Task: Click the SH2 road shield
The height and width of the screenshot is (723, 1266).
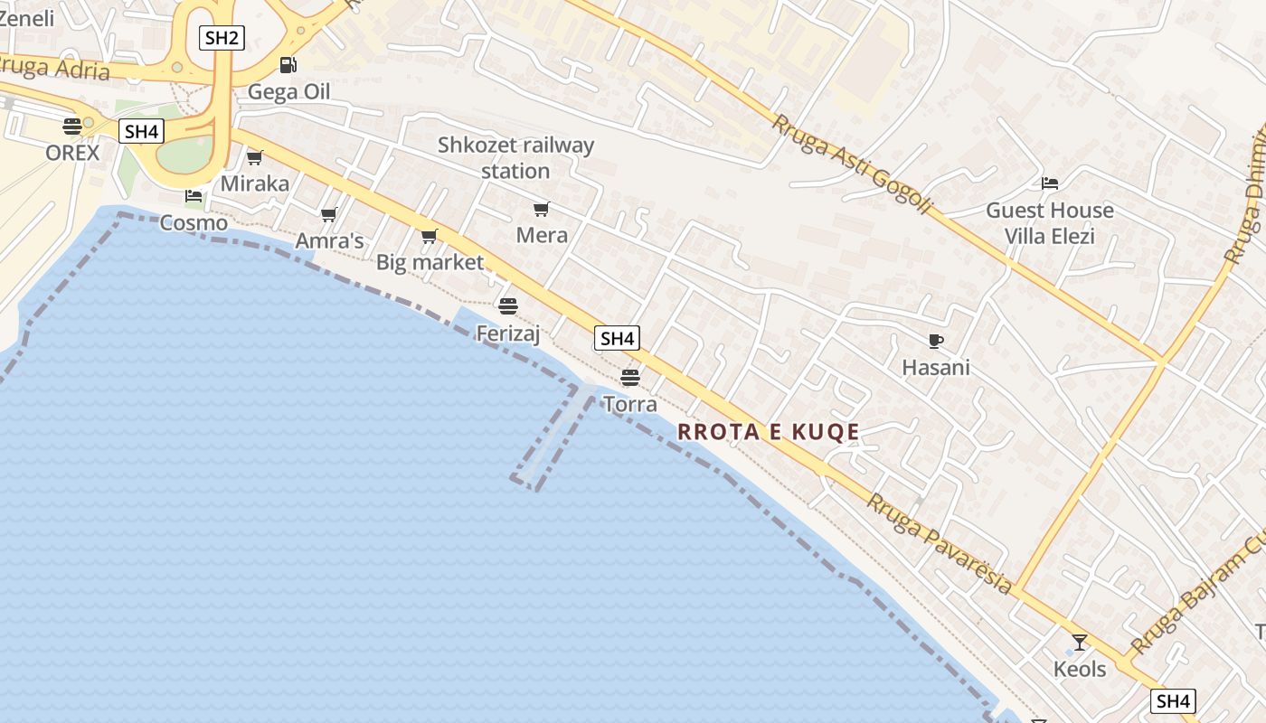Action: (222, 38)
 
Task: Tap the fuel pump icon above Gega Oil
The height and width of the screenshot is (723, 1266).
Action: (288, 64)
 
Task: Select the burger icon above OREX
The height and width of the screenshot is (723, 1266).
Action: (72, 126)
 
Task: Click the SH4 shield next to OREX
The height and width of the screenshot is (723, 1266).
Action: (141, 132)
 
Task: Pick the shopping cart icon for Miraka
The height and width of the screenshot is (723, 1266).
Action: (255, 158)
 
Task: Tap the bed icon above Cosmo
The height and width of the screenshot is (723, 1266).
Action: (194, 195)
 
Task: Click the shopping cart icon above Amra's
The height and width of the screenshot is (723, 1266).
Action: (329, 215)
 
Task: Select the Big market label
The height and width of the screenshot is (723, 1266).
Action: (430, 263)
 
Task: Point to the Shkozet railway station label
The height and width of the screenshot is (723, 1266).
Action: (515, 157)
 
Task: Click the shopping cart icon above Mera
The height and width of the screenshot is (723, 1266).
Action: (542, 210)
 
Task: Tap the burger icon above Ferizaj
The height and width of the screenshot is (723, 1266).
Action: (508, 306)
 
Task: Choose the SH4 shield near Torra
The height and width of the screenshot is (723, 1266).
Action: (617, 339)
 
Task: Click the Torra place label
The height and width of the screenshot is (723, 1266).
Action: (629, 404)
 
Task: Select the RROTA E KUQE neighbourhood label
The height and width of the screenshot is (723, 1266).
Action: (769, 432)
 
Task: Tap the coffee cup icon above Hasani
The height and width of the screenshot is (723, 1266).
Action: (936, 341)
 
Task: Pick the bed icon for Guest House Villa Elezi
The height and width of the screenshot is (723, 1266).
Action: (1050, 183)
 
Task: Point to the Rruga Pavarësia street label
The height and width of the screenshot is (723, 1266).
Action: (940, 542)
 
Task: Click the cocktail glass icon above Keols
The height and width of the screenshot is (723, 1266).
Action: (1080, 643)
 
